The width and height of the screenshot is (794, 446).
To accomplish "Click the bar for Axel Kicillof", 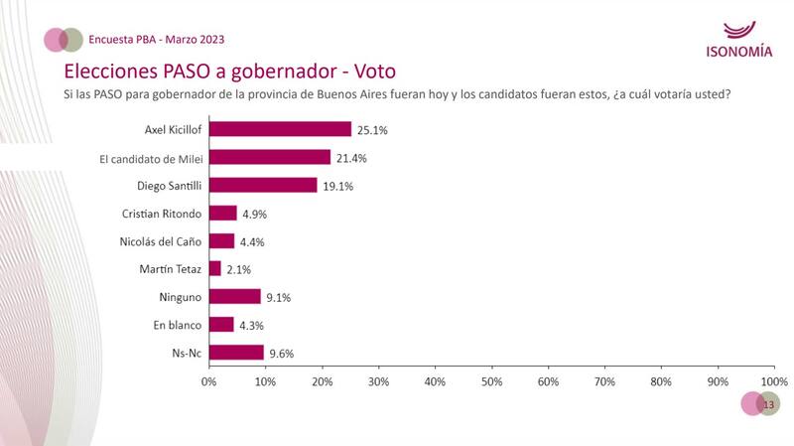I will [280, 129].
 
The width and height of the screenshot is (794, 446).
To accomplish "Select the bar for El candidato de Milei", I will [269, 157].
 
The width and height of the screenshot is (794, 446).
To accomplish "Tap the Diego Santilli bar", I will [263, 185].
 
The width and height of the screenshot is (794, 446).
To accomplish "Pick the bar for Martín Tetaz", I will [214, 268].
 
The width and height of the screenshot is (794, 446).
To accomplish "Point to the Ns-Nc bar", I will [236, 352].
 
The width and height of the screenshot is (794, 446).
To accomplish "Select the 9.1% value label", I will [279, 296].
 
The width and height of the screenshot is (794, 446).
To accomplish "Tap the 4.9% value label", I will [255, 213].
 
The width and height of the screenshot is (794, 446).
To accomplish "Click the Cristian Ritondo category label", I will [162, 213].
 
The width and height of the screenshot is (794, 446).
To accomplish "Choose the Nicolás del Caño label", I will [159, 240].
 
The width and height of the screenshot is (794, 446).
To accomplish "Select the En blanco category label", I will [178, 324].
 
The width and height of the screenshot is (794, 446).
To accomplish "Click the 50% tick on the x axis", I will [491, 380].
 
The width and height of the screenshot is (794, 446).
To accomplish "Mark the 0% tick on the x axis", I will [209, 380].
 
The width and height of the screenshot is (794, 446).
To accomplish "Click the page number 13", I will [767, 404].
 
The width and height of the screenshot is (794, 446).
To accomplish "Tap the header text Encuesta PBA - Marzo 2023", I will [156, 40].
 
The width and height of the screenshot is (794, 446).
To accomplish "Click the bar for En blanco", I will [221, 324].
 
